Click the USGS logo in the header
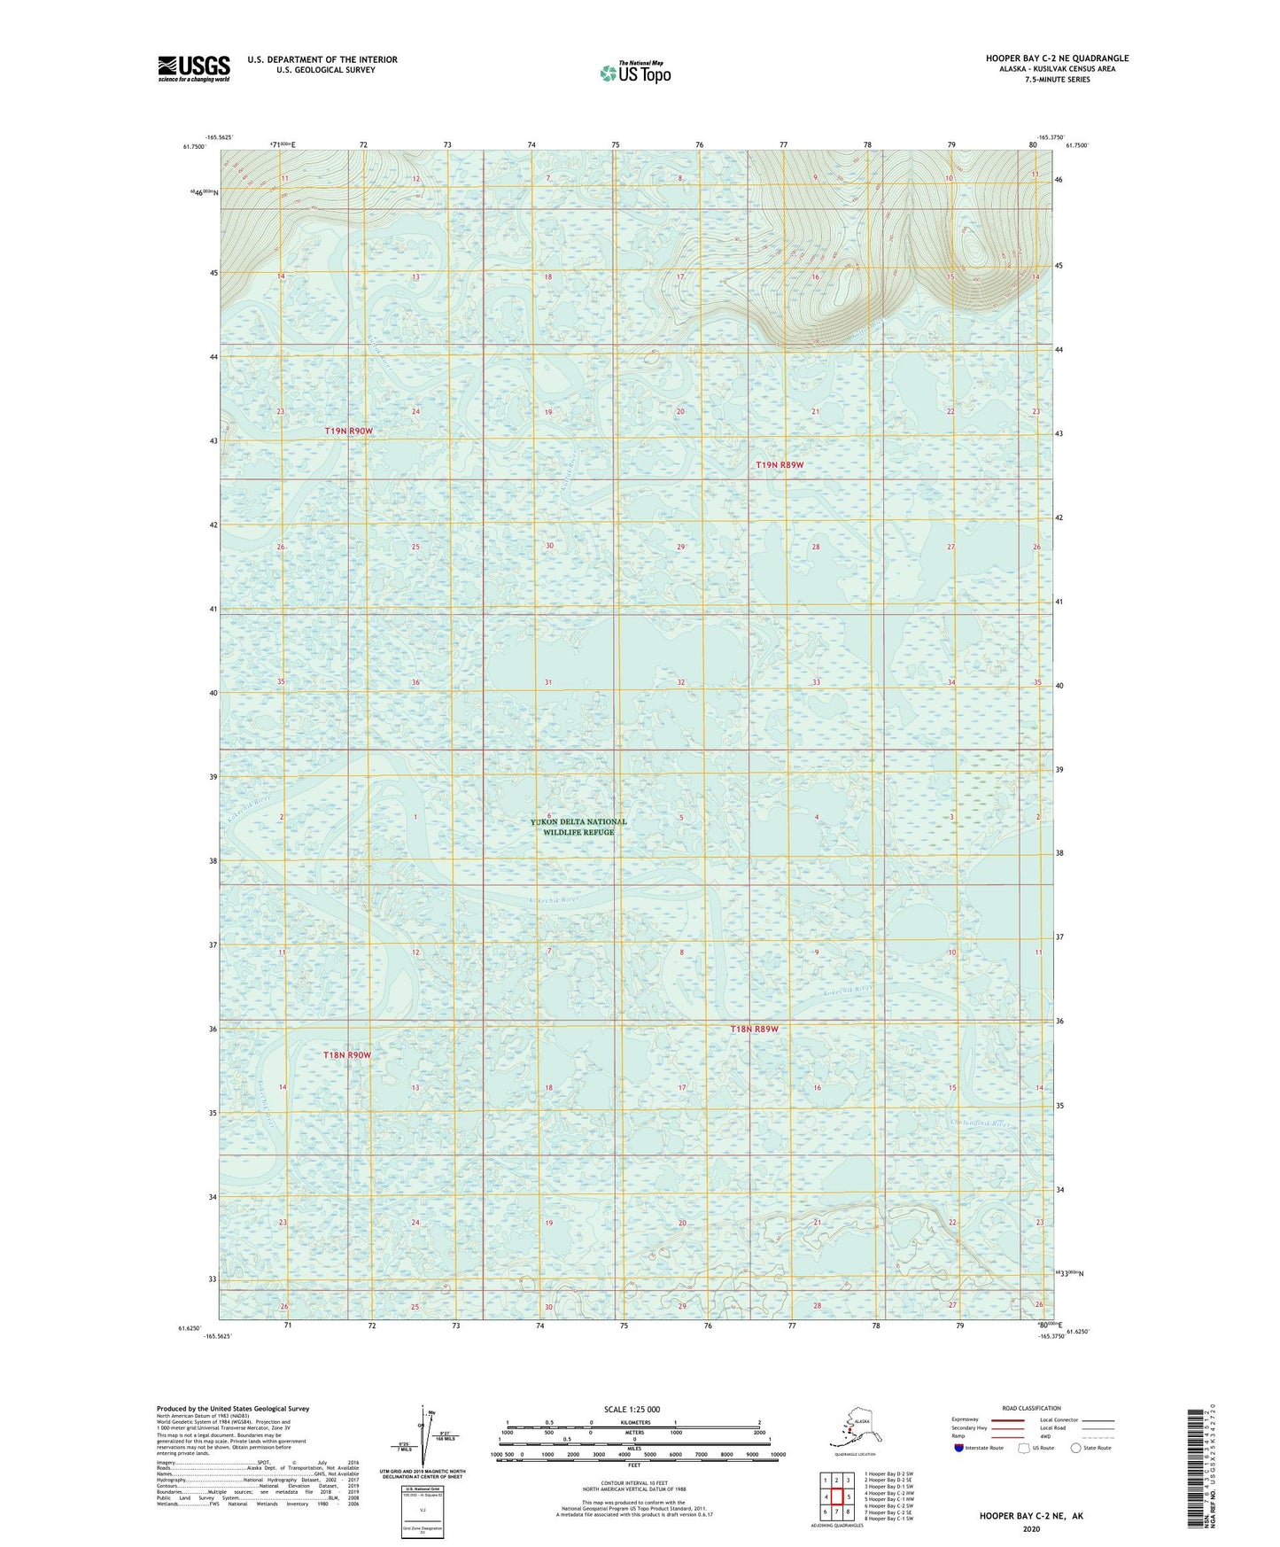click(193, 68)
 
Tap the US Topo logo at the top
click(634, 72)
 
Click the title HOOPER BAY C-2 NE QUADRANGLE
click(1057, 58)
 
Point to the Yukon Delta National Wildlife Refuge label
click(578, 827)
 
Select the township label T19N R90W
click(348, 431)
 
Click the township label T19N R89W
click(780, 464)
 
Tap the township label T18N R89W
click(754, 1029)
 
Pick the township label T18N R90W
click(346, 1055)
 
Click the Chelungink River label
click(980, 1123)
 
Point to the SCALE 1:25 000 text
click(632, 1409)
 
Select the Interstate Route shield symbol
click(959, 1448)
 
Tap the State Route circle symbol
click(1076, 1448)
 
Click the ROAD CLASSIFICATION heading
click(1031, 1408)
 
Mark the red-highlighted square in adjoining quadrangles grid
click(836, 1496)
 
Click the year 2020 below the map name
click(1030, 1528)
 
